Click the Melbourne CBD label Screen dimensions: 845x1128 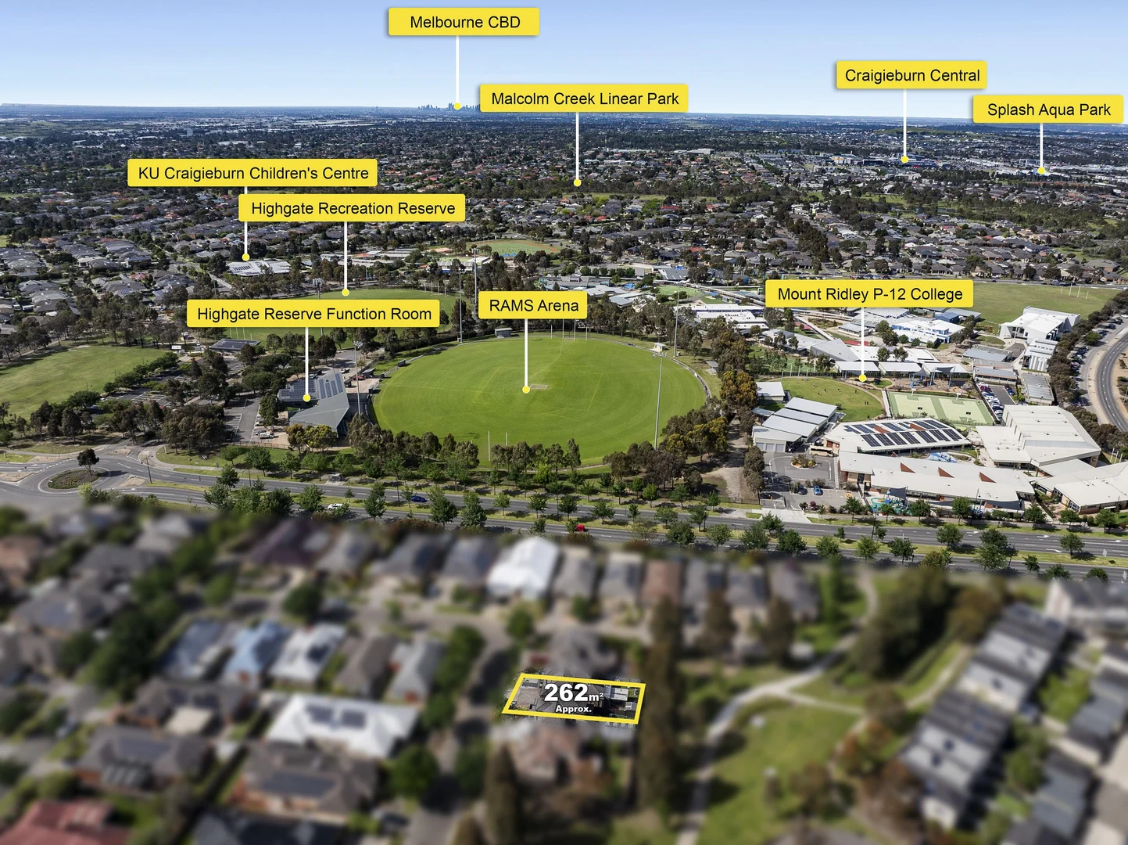click(464, 23)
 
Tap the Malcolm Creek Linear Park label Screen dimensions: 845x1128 click(584, 99)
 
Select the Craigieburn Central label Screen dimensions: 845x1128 click(911, 76)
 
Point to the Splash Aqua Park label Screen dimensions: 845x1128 click(1048, 110)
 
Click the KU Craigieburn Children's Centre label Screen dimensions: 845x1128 click(252, 173)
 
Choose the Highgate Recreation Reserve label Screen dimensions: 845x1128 click(353, 209)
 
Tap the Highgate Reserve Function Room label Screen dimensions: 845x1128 click(313, 315)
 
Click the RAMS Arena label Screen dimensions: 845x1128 click(534, 306)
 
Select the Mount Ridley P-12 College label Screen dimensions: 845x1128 click(869, 294)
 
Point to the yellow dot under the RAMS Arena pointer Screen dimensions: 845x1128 click(526, 388)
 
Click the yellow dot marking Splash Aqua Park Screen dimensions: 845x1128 click(1041, 170)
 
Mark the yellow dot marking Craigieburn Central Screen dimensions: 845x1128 click(905, 160)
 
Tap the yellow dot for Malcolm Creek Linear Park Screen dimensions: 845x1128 click(578, 183)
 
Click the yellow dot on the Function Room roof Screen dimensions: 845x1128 click(307, 398)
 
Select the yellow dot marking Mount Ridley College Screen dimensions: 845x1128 click(862, 378)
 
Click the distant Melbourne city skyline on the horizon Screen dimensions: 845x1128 click(450, 106)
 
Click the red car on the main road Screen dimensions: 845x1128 click(579, 528)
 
